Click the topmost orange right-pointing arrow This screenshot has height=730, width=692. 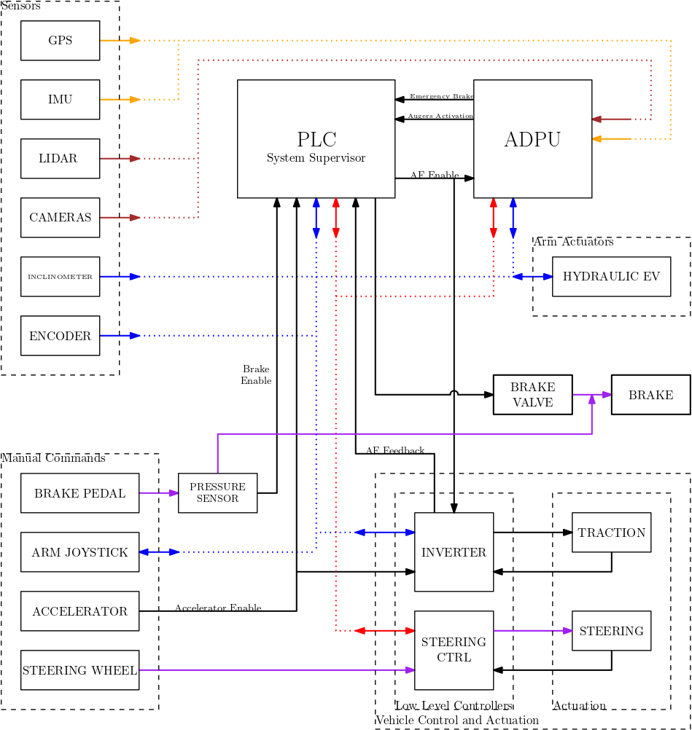(x=120, y=41)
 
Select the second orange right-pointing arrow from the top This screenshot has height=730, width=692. (x=120, y=100)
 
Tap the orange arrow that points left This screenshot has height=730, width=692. (x=611, y=138)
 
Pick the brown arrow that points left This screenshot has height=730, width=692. (x=611, y=119)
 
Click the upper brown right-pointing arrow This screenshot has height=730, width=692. (x=120, y=158)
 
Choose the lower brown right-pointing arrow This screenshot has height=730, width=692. (x=120, y=217)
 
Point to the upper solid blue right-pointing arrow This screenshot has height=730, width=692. (x=120, y=277)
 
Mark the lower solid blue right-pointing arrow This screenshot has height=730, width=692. (x=120, y=336)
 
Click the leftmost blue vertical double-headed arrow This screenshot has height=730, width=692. (x=316, y=218)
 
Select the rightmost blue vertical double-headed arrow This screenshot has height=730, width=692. (x=513, y=218)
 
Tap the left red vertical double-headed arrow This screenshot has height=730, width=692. (x=336, y=218)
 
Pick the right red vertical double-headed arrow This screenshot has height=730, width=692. (x=494, y=218)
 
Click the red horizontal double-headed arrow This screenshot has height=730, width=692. (x=384, y=631)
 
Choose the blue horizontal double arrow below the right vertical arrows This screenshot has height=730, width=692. (x=532, y=277)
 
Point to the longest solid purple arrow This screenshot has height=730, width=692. (x=277, y=670)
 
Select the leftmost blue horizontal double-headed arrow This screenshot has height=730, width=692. (x=159, y=552)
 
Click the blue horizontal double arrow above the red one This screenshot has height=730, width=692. (x=384, y=533)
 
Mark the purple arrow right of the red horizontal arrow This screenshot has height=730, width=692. (x=533, y=631)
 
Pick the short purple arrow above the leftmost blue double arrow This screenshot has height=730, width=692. (x=159, y=493)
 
